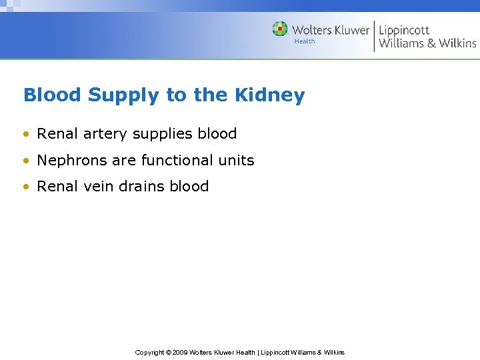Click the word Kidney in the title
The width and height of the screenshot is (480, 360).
coord(269,95)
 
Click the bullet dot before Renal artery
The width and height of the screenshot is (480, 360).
coord(26,134)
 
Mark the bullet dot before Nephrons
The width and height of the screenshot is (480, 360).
coord(26,161)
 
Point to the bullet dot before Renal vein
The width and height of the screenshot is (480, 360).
coord(26,187)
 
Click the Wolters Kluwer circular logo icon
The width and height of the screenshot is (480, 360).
coord(280,29)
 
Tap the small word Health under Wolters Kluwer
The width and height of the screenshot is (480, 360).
coord(305,41)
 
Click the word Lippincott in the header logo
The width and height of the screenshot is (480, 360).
coord(404,30)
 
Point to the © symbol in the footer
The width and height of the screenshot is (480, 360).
coord(168,352)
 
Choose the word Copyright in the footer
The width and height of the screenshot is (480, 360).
coord(149,352)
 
